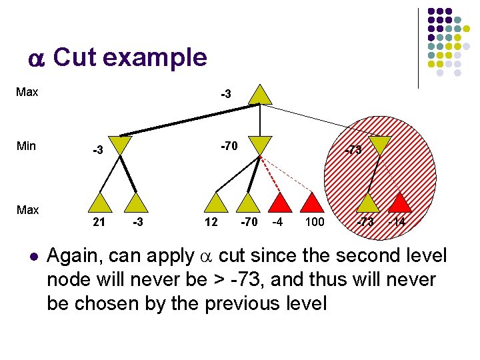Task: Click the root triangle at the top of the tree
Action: pyautogui.click(x=261, y=95)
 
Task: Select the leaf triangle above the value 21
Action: pyautogui.click(x=100, y=203)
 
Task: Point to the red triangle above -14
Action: pyautogui.click(x=400, y=203)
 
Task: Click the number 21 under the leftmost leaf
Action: pyautogui.click(x=99, y=222)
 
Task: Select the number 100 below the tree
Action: pyautogui.click(x=314, y=222)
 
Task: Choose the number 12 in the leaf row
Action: pyautogui.click(x=211, y=222)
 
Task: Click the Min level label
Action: pyautogui.click(x=26, y=146)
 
